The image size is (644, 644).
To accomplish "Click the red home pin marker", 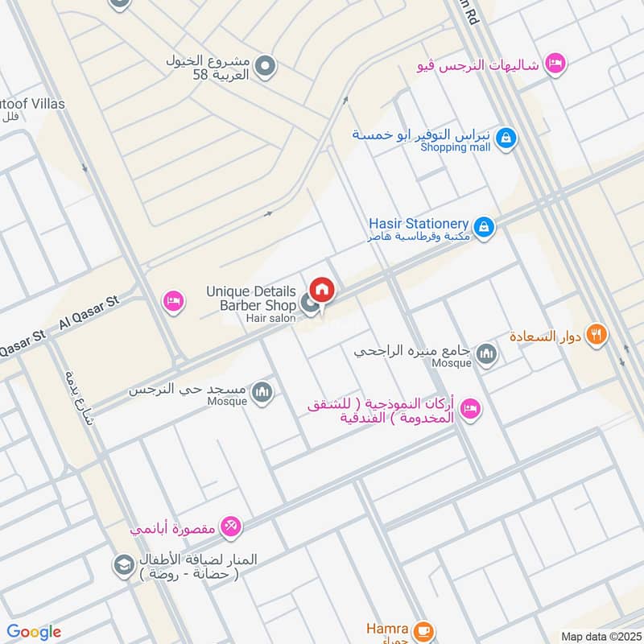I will (322, 290).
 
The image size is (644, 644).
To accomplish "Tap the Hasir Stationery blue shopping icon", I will (483, 228).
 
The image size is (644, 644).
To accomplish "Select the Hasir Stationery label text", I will (418, 223).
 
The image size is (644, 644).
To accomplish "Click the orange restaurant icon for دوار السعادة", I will (596, 334).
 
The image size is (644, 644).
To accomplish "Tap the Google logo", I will (34, 632).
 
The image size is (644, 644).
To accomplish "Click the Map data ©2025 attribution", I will (599, 636).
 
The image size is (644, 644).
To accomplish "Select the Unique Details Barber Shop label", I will (250, 298).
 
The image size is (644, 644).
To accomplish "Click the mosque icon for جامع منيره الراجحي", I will (486, 353).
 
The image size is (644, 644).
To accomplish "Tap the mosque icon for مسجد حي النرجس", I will (262, 391).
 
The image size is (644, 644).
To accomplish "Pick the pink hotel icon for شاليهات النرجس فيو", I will (555, 63).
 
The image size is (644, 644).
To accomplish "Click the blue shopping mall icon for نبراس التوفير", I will (505, 138).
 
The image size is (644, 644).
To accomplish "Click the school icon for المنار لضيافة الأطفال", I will (123, 563).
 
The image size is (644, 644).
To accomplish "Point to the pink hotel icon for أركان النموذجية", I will (471, 409).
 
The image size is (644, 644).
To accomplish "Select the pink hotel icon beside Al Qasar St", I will (173, 302).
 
